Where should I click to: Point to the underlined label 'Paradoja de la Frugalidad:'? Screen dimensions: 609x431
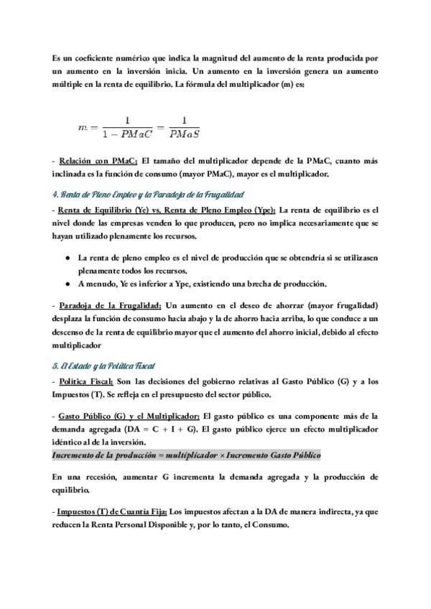pos(109,304)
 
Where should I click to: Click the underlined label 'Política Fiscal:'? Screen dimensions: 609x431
pos(86,381)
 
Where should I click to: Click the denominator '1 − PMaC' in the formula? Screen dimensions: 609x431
pos(129,133)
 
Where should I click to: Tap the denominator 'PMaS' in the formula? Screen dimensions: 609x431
pos(184,133)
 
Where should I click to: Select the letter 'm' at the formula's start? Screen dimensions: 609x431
pos(83,126)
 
